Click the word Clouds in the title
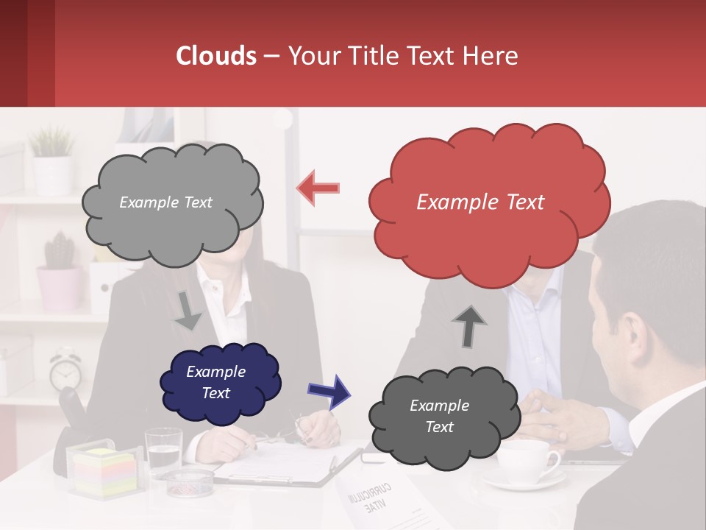[216, 56]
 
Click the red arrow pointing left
[318, 188]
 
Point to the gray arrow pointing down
[188, 311]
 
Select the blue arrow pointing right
[329, 391]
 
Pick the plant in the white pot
[51, 158]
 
